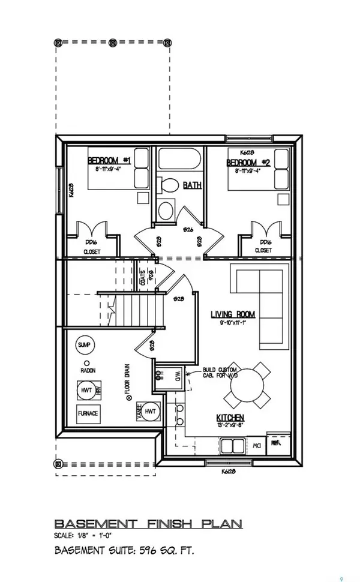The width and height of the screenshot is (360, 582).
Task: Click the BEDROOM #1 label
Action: [110, 161]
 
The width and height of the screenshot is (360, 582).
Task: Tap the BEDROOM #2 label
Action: [248, 163]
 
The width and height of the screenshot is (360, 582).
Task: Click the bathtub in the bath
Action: [179, 161]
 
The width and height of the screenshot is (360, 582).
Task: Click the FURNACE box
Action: [88, 413]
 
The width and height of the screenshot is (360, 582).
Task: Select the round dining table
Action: [245, 390]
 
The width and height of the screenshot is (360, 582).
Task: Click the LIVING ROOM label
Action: [233, 314]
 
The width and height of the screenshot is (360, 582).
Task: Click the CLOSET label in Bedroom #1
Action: [92, 251]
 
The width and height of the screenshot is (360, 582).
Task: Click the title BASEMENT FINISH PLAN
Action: [148, 524]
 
